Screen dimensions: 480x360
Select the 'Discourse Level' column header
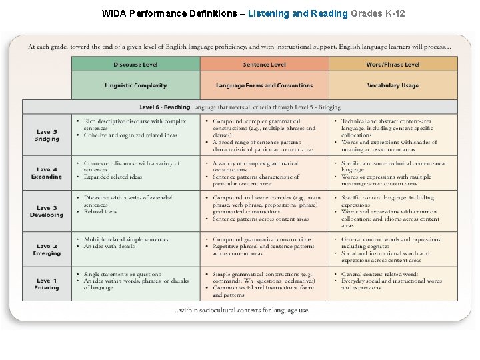coord(136,64)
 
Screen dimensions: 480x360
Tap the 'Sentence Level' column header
coord(265,64)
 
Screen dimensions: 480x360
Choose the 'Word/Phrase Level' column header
coord(393,64)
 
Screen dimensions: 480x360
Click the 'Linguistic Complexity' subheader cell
coord(136,85)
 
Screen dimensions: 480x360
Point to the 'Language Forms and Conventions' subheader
coord(265,85)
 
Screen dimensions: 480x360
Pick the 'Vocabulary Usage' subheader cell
coord(393,85)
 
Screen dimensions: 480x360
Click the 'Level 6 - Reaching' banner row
coord(240,107)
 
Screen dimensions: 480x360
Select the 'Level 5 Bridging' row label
coord(47,135)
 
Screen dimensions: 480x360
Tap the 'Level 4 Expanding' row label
coord(47,173)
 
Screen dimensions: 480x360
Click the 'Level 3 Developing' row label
coord(47,211)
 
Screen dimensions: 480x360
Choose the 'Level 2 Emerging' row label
coord(47,250)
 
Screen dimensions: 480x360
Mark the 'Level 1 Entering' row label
coord(47,284)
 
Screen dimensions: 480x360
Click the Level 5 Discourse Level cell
coord(136,135)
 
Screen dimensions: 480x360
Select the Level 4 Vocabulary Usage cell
coord(393,173)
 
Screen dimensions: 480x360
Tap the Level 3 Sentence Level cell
coord(265,211)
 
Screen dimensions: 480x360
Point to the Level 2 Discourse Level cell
coord(136,249)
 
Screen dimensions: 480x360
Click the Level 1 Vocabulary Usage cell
coord(393,284)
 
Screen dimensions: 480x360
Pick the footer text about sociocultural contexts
coord(240,311)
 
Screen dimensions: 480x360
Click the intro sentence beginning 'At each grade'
coord(239,47)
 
